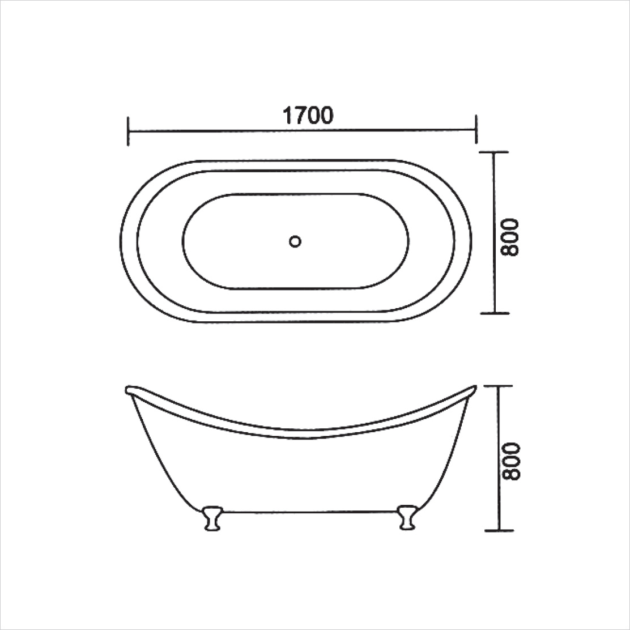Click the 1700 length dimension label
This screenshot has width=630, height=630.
308,115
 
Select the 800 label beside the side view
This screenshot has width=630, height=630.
510,461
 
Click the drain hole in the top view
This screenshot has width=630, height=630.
295,241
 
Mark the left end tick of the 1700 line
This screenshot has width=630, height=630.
129,131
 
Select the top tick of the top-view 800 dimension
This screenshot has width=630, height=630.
494,152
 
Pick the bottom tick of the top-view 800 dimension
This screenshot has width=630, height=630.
494,313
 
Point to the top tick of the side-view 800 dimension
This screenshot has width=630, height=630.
499,386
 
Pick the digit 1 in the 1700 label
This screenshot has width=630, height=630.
287,115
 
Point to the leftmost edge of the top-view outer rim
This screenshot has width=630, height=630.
120,241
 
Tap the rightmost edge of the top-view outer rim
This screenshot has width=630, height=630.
470,241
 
